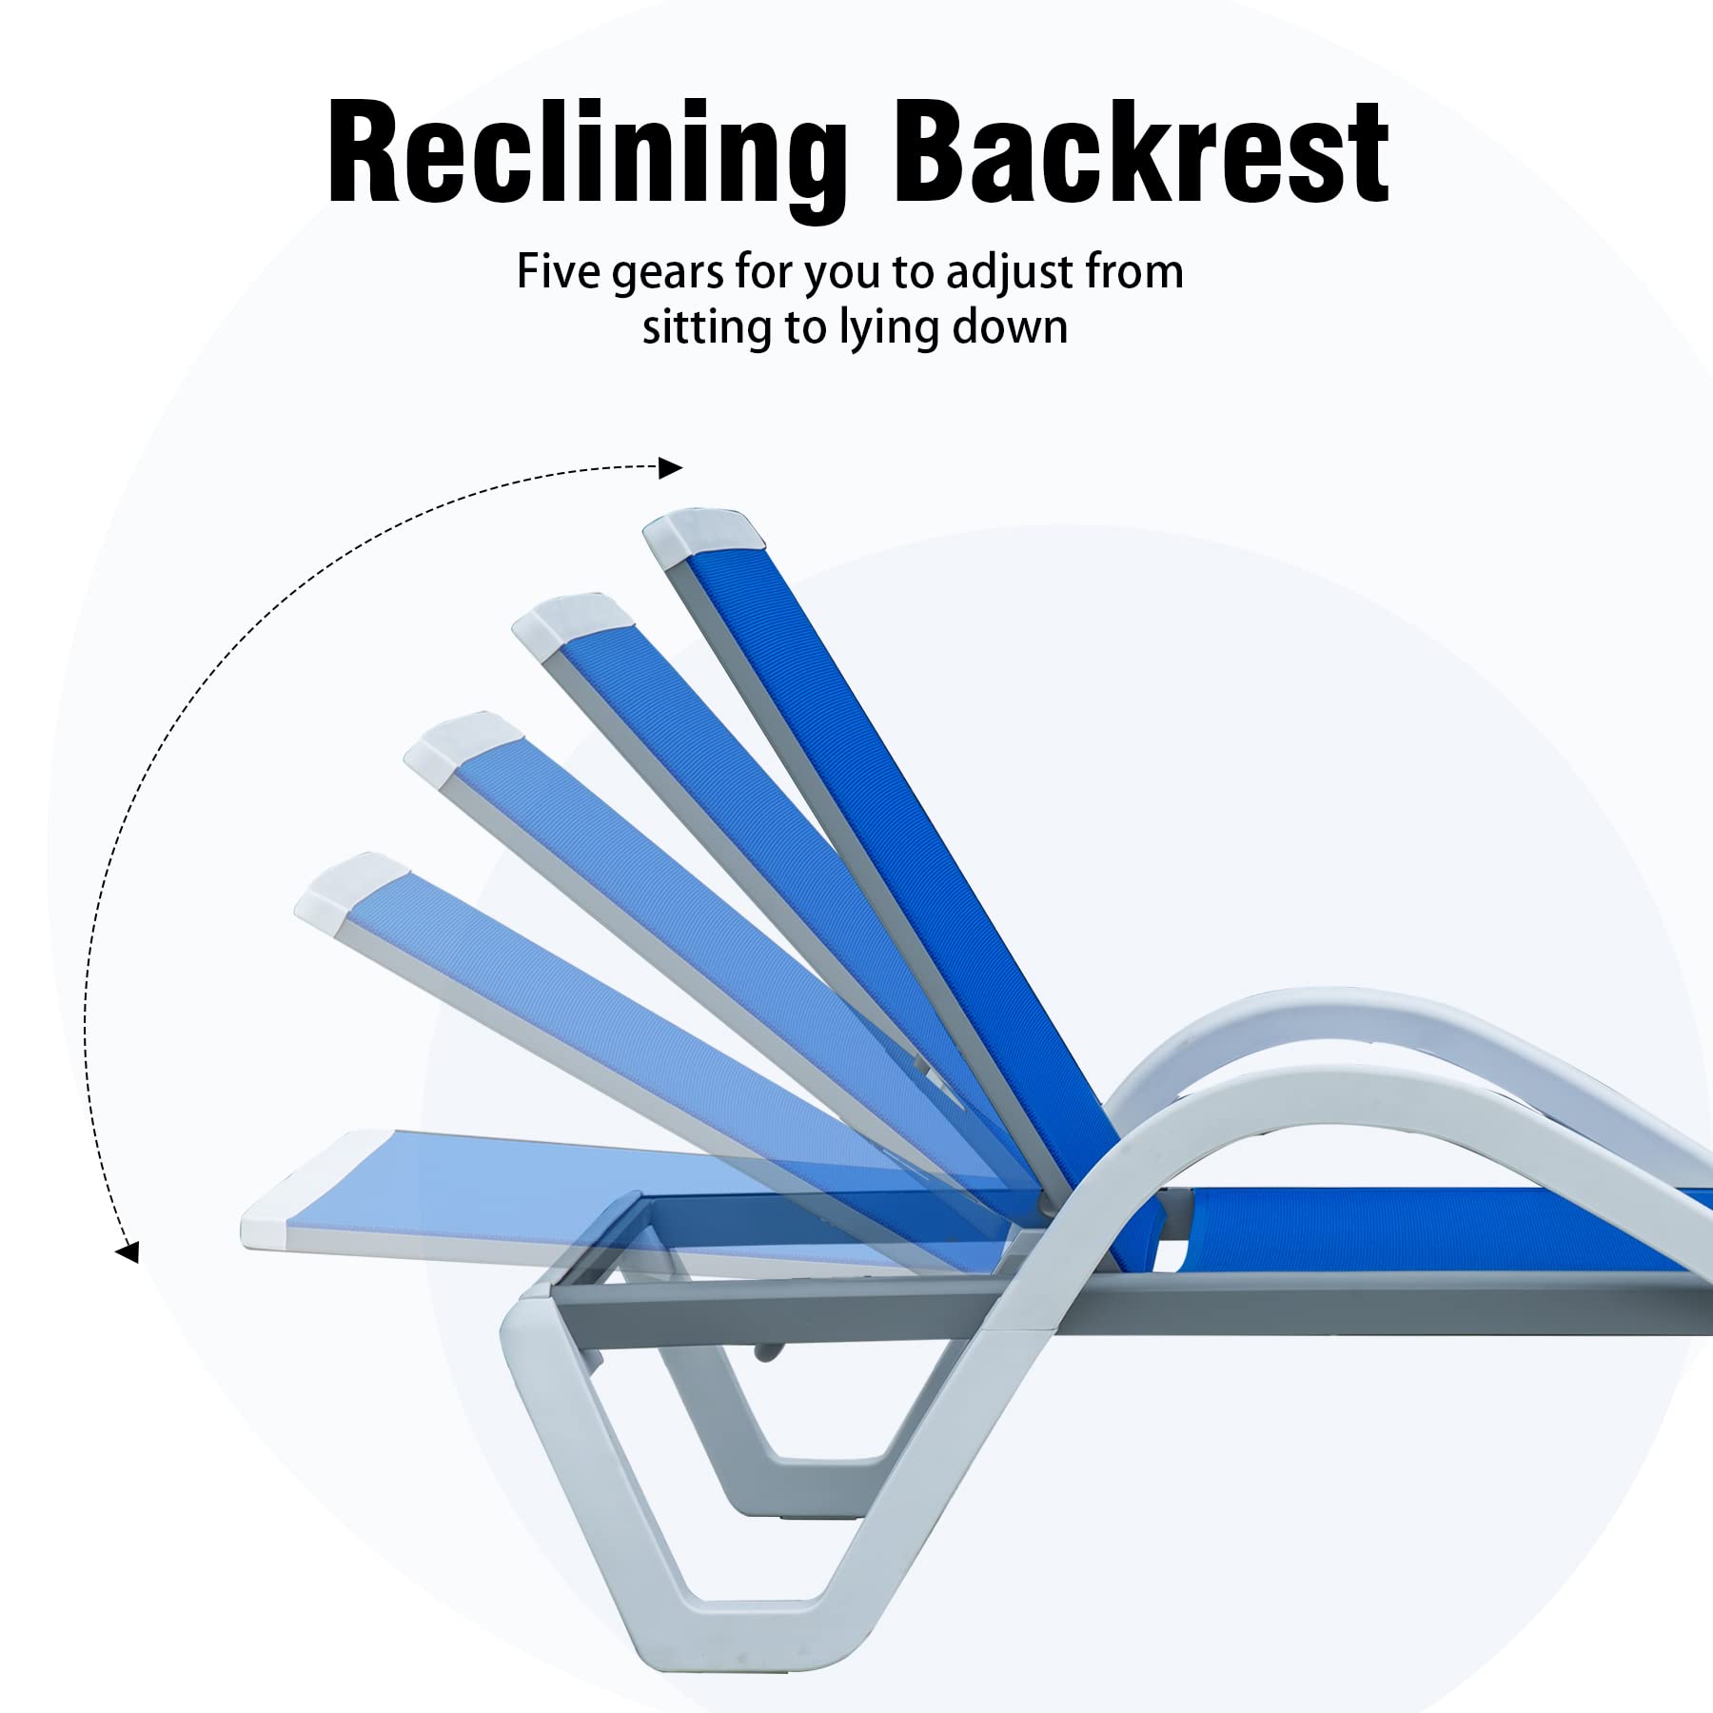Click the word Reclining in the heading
[586, 157]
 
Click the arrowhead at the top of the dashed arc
[671, 467]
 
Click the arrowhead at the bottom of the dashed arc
[127, 1251]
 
